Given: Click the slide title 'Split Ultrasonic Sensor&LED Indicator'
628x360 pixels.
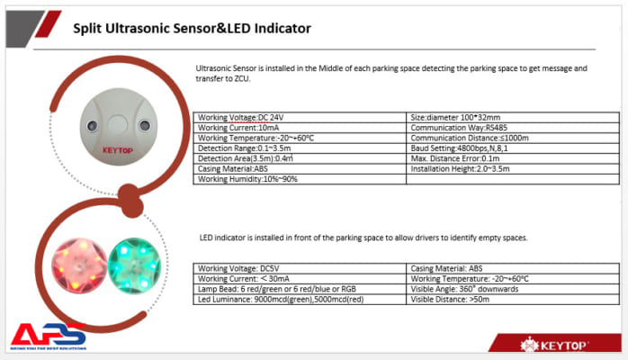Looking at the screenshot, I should pyautogui.click(x=192, y=28).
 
